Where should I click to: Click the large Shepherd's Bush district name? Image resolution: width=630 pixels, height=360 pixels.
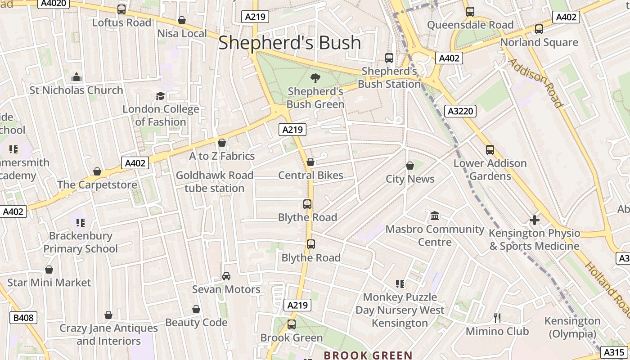click(289, 42)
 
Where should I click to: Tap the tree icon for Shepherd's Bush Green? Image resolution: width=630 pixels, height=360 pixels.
click(315, 78)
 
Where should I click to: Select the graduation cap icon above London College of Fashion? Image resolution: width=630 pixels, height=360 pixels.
click(160, 96)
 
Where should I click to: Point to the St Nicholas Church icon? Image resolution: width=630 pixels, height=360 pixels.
click(76, 77)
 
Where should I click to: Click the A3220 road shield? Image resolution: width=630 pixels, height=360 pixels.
click(460, 111)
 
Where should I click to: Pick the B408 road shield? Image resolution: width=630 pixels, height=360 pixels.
click(23, 318)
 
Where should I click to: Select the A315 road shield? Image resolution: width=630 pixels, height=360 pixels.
click(614, 352)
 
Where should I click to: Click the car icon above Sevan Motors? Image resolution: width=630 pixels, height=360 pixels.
click(226, 276)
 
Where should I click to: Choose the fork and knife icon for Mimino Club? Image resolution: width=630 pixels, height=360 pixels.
click(497, 318)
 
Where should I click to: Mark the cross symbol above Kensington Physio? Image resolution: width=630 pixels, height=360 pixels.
click(534, 220)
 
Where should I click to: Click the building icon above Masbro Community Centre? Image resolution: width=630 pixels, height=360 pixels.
click(435, 216)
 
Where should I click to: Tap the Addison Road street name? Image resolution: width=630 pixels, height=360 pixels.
click(535, 83)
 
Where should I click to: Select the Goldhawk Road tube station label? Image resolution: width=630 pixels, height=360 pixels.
click(215, 182)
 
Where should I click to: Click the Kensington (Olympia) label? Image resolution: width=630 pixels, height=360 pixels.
click(572, 328)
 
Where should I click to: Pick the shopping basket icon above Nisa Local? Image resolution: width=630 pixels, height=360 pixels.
click(182, 20)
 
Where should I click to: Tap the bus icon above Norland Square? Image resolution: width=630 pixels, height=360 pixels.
click(539, 29)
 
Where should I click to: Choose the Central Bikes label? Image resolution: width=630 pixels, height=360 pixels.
click(310, 175)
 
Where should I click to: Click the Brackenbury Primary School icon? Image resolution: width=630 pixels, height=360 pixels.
click(81, 222)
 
